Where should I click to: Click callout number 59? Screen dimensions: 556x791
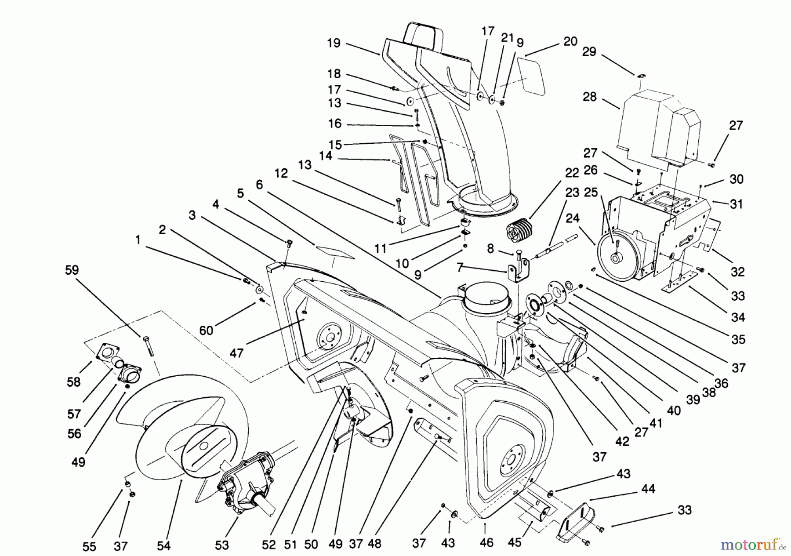[72, 270]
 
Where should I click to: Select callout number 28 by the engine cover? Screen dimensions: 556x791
[590, 97]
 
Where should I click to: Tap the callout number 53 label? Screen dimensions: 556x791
[222, 545]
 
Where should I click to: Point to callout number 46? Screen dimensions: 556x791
[486, 542]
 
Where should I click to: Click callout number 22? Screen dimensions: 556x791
[572, 173]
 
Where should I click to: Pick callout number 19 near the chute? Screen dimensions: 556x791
[334, 43]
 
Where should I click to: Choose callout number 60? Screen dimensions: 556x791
[206, 330]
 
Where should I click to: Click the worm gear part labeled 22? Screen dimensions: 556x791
[519, 231]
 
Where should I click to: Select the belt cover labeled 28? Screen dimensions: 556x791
[655, 127]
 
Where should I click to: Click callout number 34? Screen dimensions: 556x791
[738, 317]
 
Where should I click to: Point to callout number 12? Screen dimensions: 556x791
[281, 173]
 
